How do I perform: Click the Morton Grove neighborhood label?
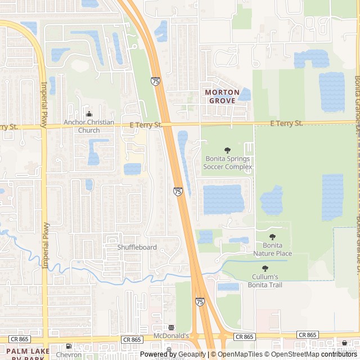(x=222, y=96)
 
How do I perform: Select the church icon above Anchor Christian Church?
(x=89, y=114)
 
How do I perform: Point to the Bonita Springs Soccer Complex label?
(x=227, y=163)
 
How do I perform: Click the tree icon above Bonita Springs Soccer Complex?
(x=227, y=150)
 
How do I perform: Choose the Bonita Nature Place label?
(x=273, y=250)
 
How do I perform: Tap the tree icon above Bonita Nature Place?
(x=273, y=237)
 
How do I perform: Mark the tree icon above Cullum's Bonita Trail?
(x=265, y=269)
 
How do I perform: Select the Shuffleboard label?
(x=137, y=247)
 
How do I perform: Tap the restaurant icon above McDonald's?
(x=171, y=327)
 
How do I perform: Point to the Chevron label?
(x=69, y=355)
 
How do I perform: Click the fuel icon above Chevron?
(x=69, y=346)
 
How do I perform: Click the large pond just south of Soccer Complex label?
(x=223, y=199)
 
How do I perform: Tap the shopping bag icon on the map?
(x=344, y=343)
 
